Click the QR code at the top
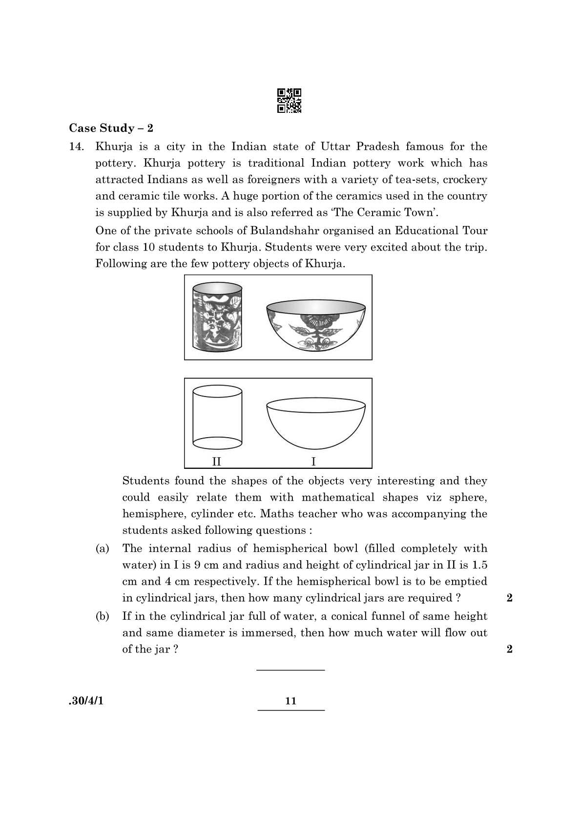289,101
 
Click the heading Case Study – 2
111,128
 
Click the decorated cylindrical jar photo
217,317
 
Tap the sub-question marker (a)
102,549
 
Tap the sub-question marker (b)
102,616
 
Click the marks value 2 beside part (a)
510,598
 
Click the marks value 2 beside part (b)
510,650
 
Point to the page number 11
290,701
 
